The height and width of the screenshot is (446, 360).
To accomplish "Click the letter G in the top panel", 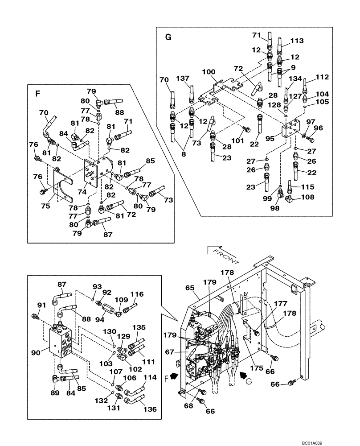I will [168, 37].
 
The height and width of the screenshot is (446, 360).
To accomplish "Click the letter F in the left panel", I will [37, 95].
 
